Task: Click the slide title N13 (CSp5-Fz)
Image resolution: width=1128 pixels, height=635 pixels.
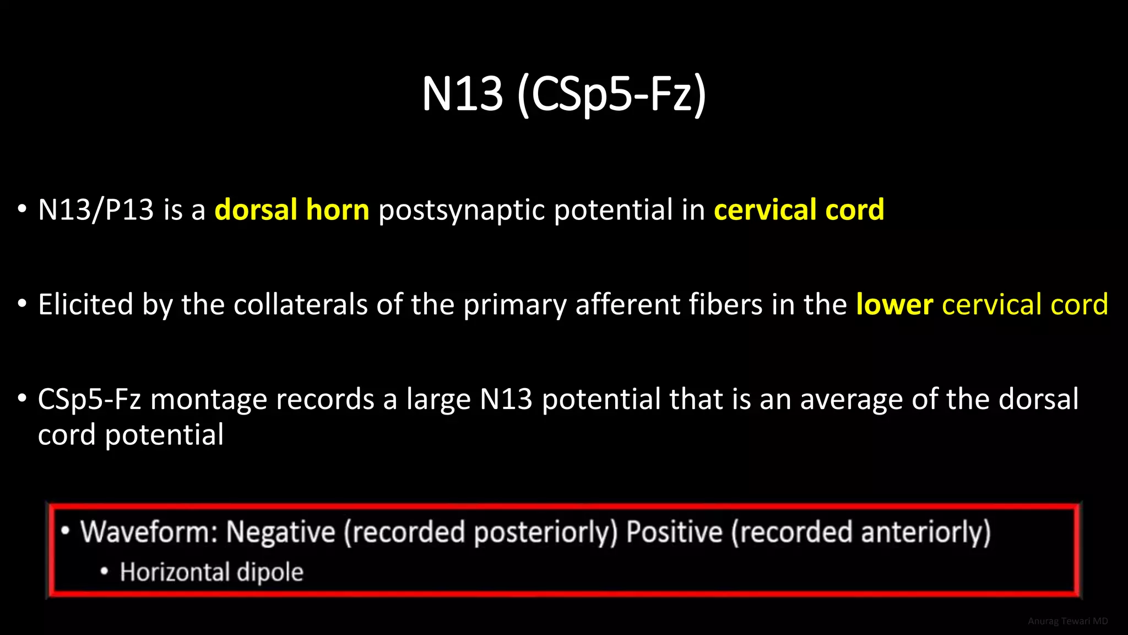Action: click(x=563, y=94)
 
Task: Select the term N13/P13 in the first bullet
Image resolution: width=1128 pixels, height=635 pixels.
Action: click(x=95, y=210)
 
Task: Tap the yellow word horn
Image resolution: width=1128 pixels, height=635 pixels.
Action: click(x=337, y=210)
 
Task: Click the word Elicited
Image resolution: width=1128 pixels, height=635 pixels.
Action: click(x=85, y=304)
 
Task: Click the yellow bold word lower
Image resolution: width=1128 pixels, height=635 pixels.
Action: click(x=894, y=304)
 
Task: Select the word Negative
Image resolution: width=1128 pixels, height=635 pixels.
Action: click(x=280, y=532)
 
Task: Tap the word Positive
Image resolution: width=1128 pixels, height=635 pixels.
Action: click(x=674, y=532)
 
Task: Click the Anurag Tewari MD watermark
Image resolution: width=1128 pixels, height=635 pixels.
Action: click(x=1067, y=621)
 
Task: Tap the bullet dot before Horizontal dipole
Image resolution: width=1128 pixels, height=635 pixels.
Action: click(x=104, y=572)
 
